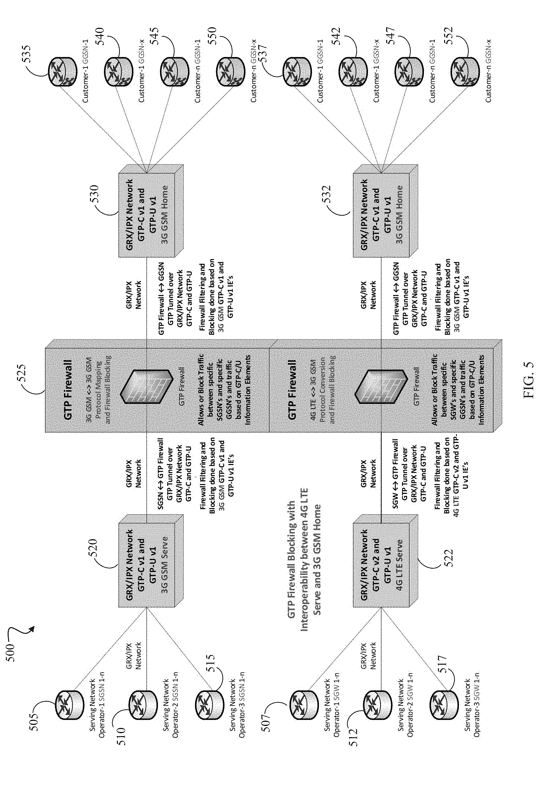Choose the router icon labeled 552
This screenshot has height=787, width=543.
464,72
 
